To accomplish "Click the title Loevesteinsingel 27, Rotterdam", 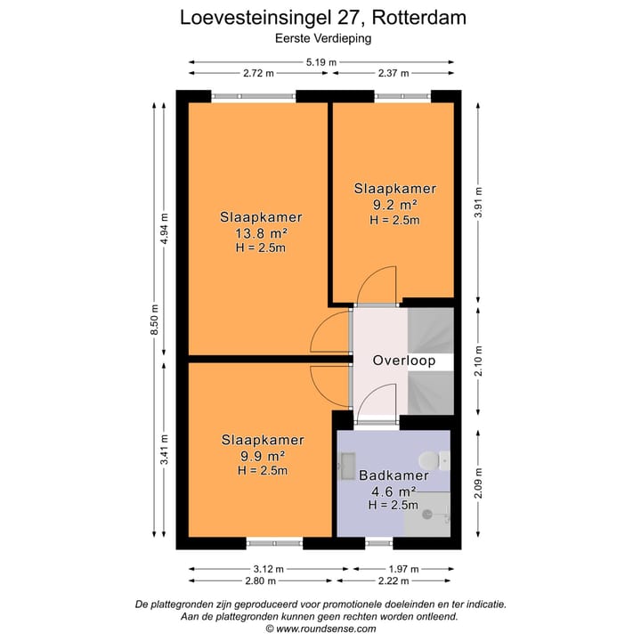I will click(322, 17).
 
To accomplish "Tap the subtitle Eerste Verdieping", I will click(322, 38).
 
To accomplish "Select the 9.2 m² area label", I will click(394, 204).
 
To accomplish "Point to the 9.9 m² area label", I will click(262, 456).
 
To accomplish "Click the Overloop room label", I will click(403, 361).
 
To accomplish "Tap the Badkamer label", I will click(394, 475).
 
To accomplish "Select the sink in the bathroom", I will click(346, 466).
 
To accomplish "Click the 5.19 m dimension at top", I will click(321, 61).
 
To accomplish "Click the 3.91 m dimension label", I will click(478, 204).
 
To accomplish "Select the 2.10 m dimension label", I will click(478, 362).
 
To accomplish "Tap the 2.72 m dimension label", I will click(257, 73).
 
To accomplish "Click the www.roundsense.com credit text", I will click(321, 628).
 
